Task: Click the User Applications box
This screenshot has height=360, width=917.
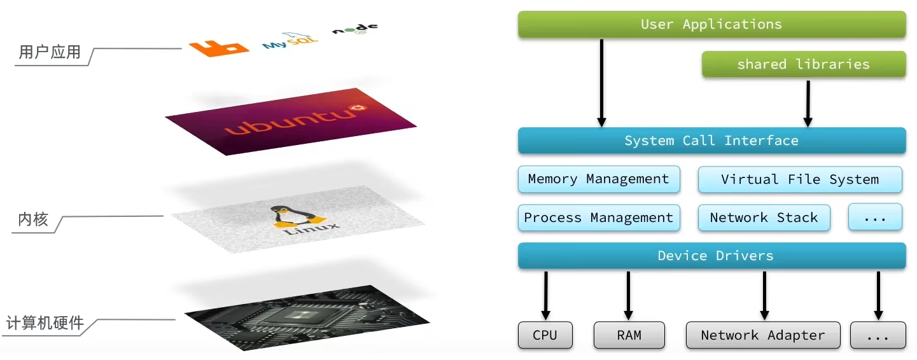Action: click(x=711, y=25)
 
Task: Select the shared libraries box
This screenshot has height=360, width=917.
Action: click(x=803, y=64)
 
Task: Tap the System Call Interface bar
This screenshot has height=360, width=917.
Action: click(x=711, y=141)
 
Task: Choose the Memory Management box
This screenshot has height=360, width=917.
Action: click(x=598, y=179)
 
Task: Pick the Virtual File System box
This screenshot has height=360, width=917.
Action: click(x=800, y=179)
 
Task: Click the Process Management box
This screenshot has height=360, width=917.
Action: click(x=598, y=218)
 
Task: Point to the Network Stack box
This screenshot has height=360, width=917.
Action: click(x=764, y=218)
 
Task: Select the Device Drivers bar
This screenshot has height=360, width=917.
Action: click(x=711, y=256)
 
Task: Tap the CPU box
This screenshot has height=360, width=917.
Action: click(x=545, y=335)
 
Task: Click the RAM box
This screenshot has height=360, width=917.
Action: click(x=629, y=335)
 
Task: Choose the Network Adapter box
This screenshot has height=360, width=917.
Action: click(x=762, y=335)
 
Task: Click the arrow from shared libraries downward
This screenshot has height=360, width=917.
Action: click(x=808, y=102)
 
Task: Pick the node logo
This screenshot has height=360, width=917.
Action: click(x=354, y=29)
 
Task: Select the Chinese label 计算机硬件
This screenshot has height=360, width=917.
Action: click(x=45, y=323)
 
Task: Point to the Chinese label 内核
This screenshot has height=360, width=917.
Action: click(x=33, y=220)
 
